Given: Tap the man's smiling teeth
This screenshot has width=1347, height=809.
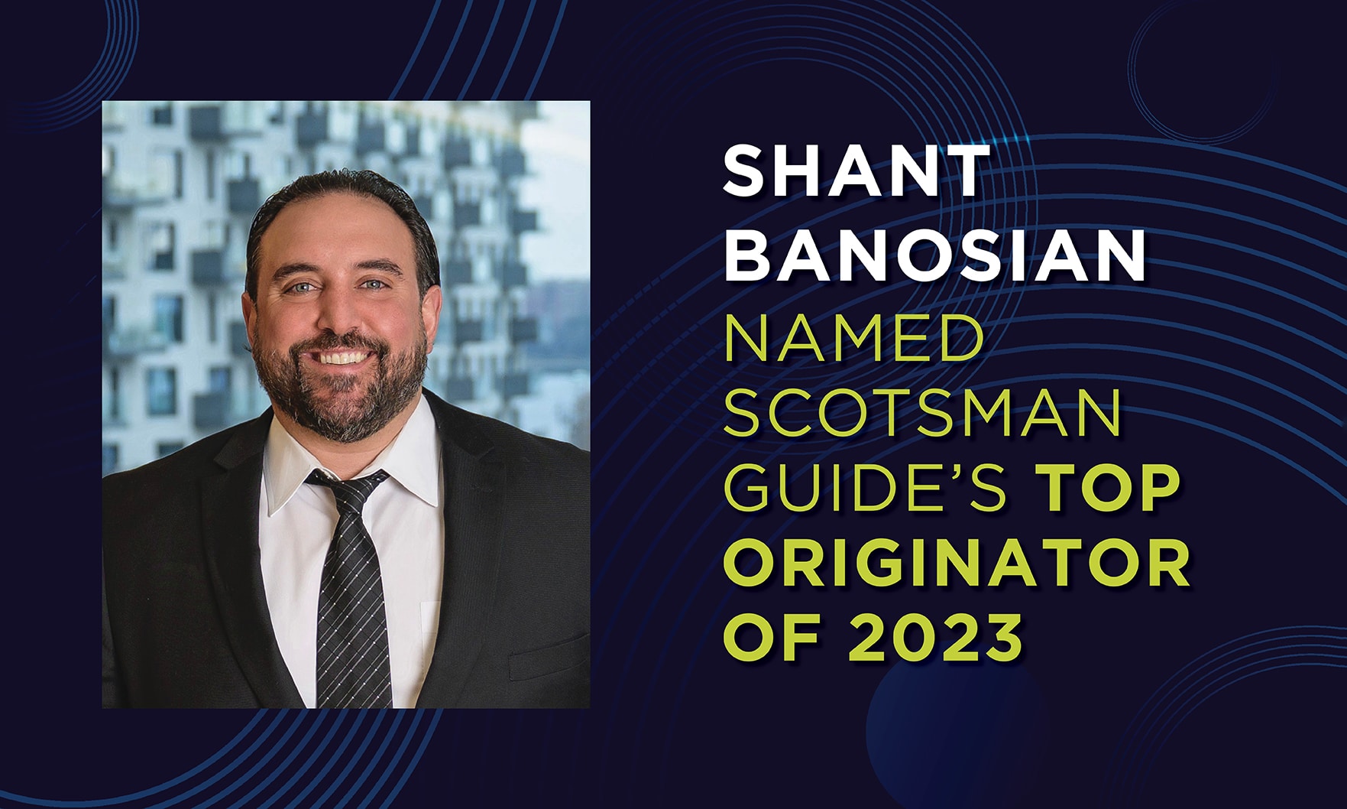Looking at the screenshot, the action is tap(341, 356).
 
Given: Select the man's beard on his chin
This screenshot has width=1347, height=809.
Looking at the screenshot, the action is tap(344, 398).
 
